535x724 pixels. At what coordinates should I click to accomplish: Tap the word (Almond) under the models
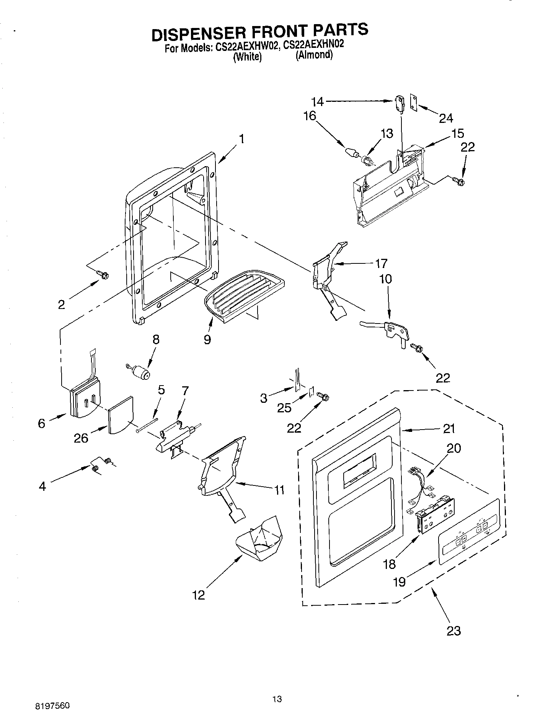click(x=314, y=55)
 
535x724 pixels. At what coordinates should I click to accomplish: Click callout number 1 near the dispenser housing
click(x=241, y=139)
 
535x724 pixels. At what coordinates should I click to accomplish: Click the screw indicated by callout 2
click(x=103, y=275)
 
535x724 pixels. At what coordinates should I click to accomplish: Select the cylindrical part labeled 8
click(x=141, y=371)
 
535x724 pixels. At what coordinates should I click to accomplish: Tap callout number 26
click(x=81, y=437)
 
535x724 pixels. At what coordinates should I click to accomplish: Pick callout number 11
click(x=279, y=490)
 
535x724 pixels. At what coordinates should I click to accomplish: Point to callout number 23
click(x=453, y=630)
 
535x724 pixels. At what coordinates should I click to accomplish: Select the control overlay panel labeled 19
click(x=469, y=531)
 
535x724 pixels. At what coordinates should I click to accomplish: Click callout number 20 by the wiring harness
click(x=454, y=448)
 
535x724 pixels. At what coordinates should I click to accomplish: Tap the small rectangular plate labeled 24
click(x=414, y=102)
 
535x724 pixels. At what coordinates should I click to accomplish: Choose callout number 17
click(x=381, y=263)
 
